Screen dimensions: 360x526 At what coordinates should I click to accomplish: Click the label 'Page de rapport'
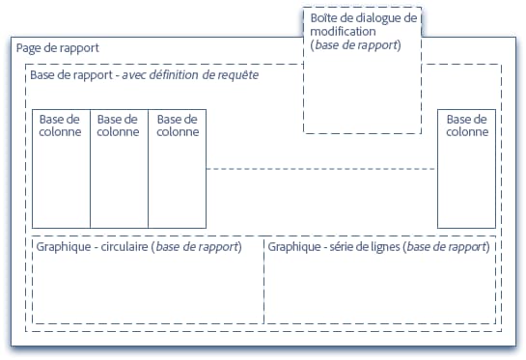coord(57,48)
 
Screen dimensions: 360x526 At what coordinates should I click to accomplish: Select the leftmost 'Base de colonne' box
coord(61,169)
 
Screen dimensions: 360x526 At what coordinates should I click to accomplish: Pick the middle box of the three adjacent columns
coord(119,169)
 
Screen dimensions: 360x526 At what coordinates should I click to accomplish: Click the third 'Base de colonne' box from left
coord(177,169)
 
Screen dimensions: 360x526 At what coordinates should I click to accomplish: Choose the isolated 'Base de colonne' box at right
coord(466,169)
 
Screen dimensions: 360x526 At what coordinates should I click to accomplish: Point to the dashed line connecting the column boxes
coord(321,169)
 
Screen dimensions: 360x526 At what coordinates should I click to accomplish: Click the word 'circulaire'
coord(122,247)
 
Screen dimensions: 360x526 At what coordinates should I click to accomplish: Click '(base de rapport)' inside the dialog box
coord(356,45)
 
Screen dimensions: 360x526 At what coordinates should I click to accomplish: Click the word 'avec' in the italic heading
coord(134,74)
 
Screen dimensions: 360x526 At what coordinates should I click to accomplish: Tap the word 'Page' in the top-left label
coord(29,48)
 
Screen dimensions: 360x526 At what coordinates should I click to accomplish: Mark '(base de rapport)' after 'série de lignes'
coord(447,247)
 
